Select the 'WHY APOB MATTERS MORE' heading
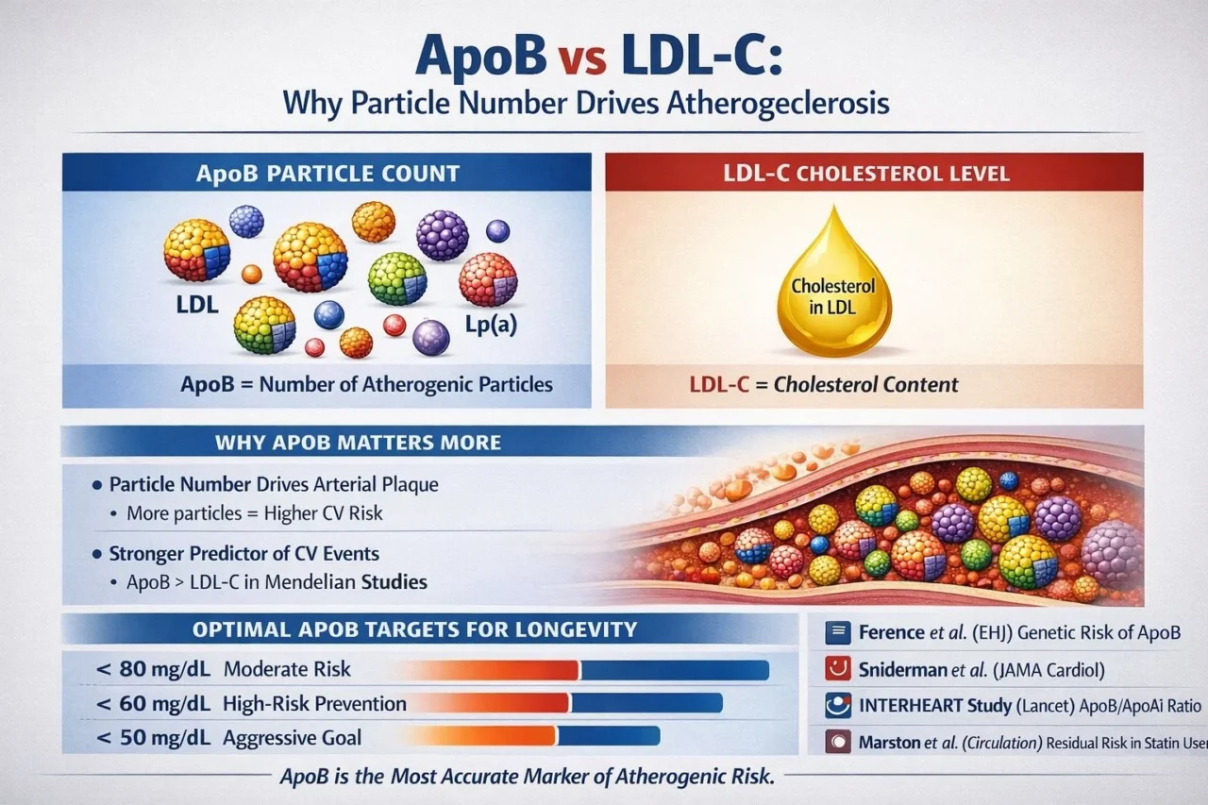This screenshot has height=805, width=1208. coord(358,442)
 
